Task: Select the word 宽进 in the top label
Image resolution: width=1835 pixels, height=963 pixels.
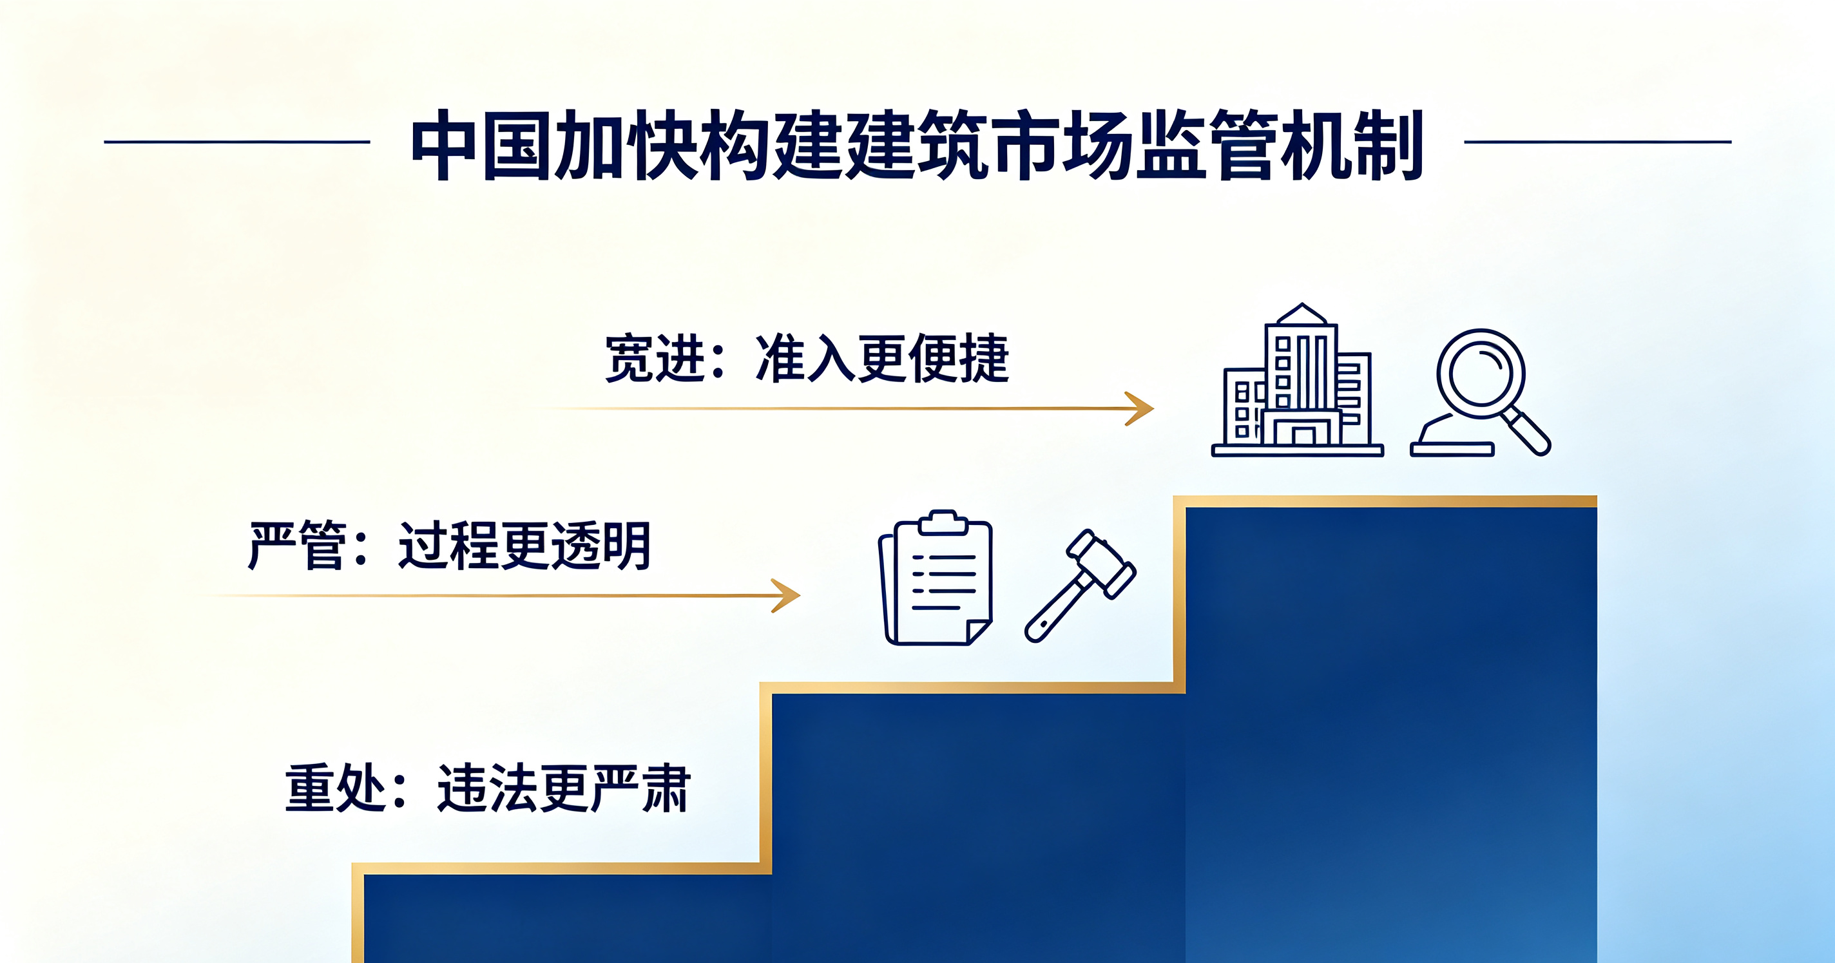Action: coord(655,358)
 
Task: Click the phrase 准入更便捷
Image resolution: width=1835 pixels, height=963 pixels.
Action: coord(882,358)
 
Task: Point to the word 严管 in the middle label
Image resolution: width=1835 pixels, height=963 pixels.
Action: coord(297,545)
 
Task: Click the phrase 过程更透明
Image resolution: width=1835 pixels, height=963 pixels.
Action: coord(524,545)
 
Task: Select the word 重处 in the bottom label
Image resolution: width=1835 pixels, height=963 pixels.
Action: coord(335,788)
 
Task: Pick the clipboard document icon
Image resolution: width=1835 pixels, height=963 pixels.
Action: coord(936,578)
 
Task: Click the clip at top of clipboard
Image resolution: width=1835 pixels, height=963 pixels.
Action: coord(943,522)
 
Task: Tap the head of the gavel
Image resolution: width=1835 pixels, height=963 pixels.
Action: coord(1101,563)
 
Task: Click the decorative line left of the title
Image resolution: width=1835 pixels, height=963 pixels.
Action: coord(237,142)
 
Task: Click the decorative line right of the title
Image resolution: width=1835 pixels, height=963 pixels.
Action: coord(1598,142)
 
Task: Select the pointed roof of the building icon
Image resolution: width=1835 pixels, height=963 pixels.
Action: coord(1302,314)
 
